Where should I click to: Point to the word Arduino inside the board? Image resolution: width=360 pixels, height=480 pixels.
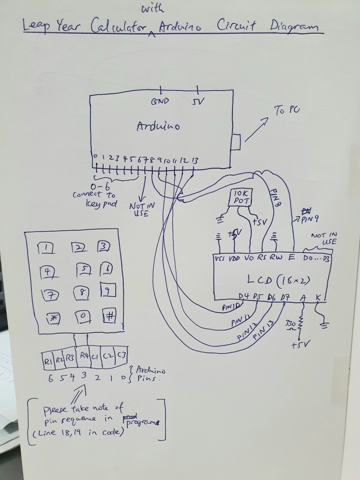158,127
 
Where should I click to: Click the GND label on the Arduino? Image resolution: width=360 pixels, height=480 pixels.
160,101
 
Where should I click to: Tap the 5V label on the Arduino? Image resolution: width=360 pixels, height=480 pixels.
197,101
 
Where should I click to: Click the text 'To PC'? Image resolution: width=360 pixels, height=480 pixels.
287,111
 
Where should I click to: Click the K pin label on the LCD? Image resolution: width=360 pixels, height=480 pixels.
319,296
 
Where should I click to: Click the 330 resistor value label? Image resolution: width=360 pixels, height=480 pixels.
290,323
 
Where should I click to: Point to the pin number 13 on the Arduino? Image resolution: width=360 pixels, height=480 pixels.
195,161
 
